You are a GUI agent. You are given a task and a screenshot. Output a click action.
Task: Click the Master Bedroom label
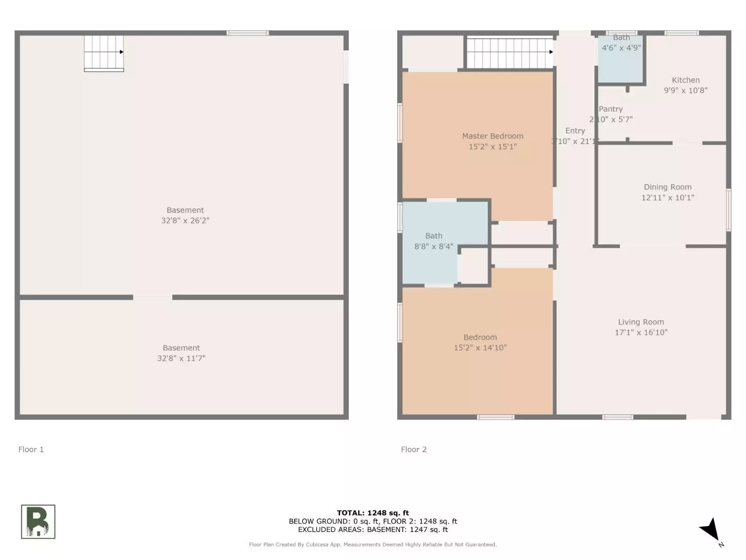(492, 136)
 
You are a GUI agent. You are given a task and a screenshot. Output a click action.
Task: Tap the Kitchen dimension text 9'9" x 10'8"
(685, 91)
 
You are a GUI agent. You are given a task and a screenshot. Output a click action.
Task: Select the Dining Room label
(668, 187)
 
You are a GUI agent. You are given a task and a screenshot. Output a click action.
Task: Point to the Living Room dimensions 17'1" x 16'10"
(641, 332)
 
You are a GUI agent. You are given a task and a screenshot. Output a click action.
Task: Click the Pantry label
(610, 109)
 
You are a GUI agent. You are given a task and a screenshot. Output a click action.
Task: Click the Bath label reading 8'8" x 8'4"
(434, 241)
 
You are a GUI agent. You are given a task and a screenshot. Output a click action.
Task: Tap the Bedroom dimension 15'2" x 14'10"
(480, 348)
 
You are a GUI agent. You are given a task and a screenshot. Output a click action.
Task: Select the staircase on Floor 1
(104, 53)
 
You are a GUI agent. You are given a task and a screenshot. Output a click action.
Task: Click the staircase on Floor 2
(509, 53)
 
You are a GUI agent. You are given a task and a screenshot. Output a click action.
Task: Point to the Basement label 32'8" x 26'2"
(185, 215)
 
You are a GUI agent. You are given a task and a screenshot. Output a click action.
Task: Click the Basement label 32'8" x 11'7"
(181, 353)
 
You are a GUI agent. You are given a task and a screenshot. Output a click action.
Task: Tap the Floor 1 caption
(31, 449)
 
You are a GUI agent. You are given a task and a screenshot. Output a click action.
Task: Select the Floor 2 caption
(414, 449)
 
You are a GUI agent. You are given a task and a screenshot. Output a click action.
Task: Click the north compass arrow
(711, 530)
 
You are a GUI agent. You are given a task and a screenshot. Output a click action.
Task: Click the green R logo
(38, 521)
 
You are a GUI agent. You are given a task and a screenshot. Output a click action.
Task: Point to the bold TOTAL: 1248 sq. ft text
(373, 513)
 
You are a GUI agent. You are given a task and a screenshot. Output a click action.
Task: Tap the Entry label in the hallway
(575, 131)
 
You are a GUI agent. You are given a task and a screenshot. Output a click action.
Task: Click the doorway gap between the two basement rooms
(152, 297)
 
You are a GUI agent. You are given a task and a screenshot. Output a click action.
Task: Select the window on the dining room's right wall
(728, 210)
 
